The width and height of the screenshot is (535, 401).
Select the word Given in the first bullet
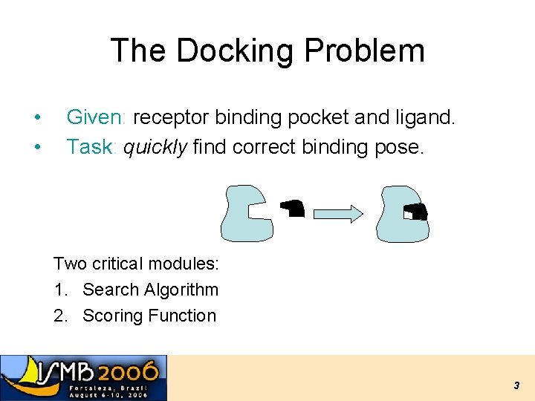coord(97,117)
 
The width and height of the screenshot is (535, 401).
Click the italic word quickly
coord(155,147)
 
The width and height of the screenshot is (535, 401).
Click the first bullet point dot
coord(36,117)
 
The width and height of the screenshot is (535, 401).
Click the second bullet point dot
coord(36,147)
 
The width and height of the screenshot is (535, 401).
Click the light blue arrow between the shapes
coord(338,214)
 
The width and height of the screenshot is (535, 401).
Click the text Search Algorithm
coord(150,290)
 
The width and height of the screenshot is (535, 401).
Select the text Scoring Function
coord(149,316)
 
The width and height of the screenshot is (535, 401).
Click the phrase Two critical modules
coord(136,264)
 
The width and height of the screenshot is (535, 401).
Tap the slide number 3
coord(516,385)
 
